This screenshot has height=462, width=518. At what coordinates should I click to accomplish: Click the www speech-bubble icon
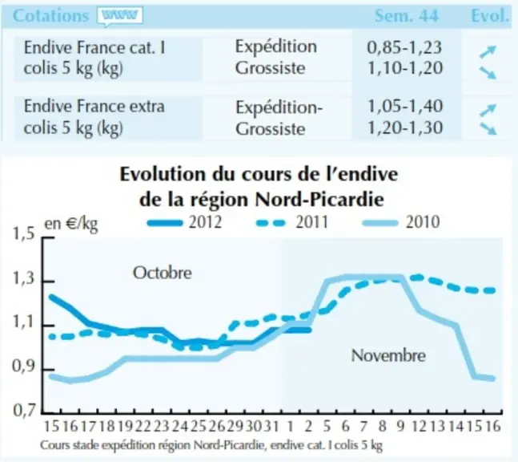pos(120,16)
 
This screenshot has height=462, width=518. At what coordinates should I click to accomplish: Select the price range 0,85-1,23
pos(404,47)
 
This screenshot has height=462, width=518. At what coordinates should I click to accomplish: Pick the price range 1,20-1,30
pos(405,128)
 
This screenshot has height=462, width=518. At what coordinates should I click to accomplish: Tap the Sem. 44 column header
pos(407,15)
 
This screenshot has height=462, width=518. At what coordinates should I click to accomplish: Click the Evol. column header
pos(490,15)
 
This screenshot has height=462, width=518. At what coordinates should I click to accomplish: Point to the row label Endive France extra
pos(94,106)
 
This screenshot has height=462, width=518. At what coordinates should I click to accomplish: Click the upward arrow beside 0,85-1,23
pos(488,51)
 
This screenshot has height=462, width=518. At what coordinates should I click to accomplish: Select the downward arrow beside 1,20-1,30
pos(488,128)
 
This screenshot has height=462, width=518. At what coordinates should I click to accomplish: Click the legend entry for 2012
pos(184,221)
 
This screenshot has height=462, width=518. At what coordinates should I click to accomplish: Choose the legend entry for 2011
pos(292,221)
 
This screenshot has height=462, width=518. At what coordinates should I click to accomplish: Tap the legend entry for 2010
pos(401,221)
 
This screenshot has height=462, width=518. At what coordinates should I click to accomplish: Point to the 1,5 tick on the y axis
pos(23,233)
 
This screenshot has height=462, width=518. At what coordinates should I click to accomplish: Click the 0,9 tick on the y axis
pos(23,367)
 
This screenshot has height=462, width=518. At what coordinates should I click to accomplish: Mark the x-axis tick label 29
pos(235,426)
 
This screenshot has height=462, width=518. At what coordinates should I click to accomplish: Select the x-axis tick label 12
pos(420,426)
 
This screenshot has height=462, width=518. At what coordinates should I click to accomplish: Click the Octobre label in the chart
pos(163,273)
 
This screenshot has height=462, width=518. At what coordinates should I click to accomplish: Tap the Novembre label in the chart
pos(388,355)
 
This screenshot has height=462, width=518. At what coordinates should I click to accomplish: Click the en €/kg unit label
pos(71,225)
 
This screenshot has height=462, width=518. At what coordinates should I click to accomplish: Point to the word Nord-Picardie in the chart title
pos(319,199)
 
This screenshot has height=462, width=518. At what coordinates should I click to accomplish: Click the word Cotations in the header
pos(51,15)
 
